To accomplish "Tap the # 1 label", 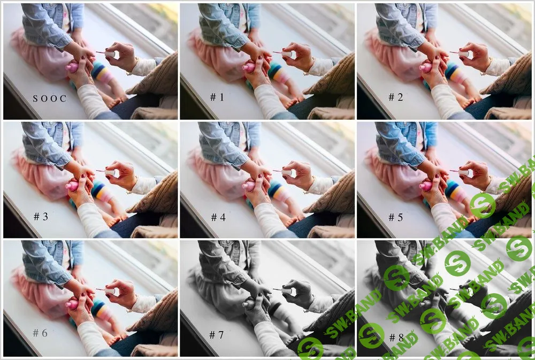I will pyautogui.click(x=217, y=97).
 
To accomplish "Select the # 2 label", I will pyautogui.click(x=396, y=97).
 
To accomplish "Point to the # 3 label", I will pyautogui.click(x=41, y=217).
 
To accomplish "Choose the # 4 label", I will pyautogui.click(x=218, y=217).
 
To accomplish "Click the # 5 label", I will pyautogui.click(x=396, y=217).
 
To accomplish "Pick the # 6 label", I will pyautogui.click(x=40, y=333).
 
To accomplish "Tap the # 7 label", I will pyautogui.click(x=216, y=335).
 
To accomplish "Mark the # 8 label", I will pyautogui.click(x=396, y=337).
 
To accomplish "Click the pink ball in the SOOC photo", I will pyautogui.click(x=72, y=68).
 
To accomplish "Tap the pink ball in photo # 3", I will pyautogui.click(x=72, y=187).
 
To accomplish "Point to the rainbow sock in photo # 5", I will pyautogui.click(x=455, y=191).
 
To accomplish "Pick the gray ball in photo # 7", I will pyautogui.click(x=248, y=305).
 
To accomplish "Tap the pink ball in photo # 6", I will pyautogui.click(x=72, y=305).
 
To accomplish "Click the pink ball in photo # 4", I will pyautogui.click(x=248, y=187).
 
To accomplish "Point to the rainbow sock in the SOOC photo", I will pyautogui.click(x=102, y=72).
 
